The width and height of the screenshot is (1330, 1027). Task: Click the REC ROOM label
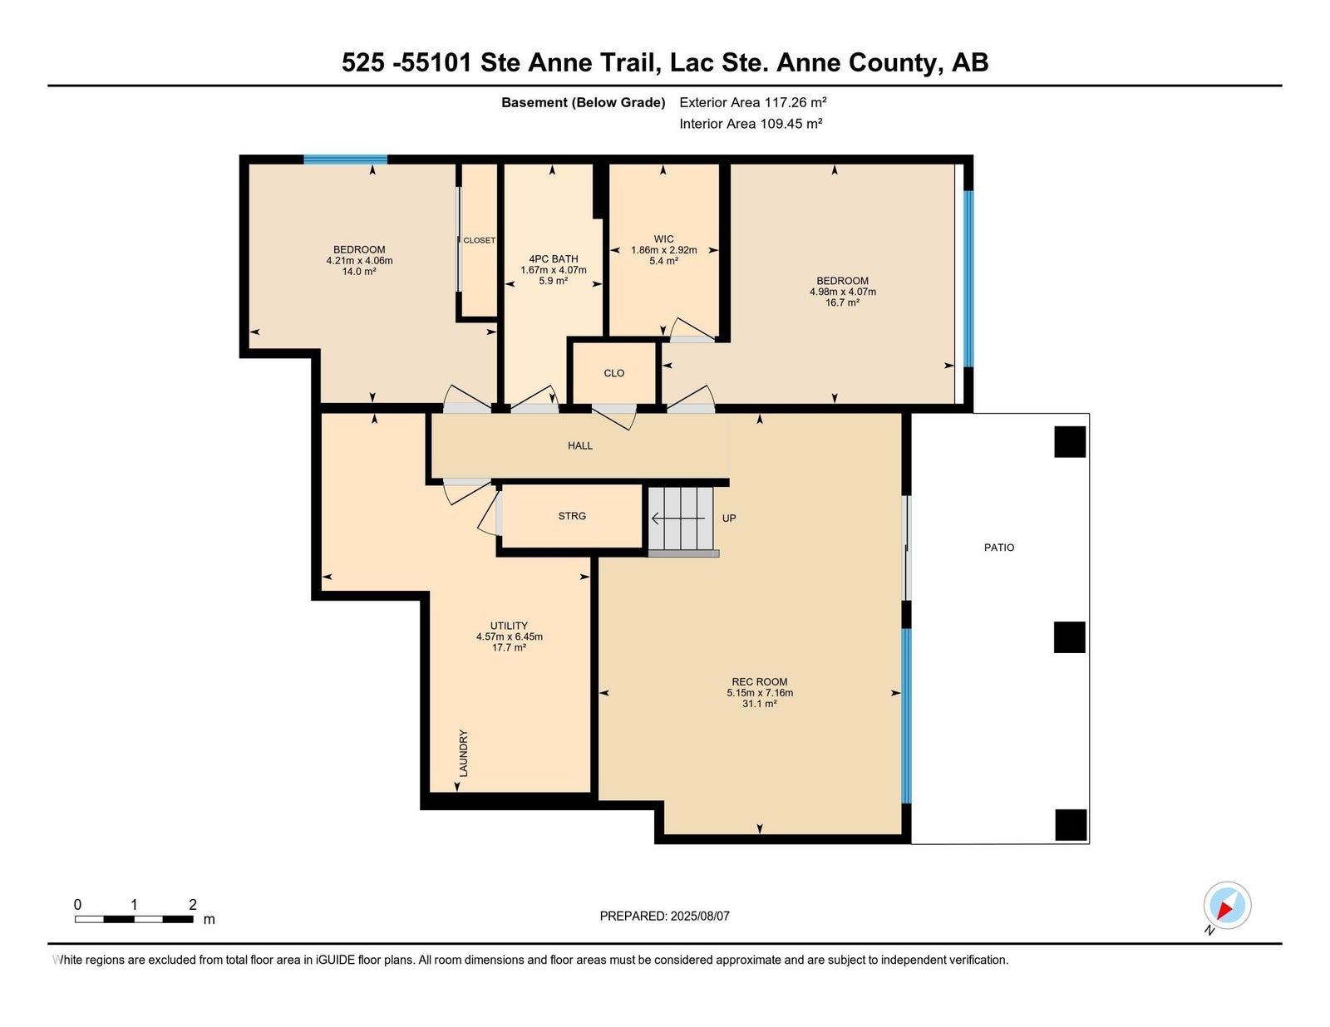point(760,681)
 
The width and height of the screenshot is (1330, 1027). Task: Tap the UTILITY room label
point(509,625)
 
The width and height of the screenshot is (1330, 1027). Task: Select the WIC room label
point(663,239)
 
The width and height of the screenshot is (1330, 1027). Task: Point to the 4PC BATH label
point(554,258)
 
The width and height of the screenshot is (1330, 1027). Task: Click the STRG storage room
point(572,516)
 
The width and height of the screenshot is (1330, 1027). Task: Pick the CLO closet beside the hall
point(614,373)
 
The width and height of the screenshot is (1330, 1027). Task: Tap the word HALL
point(579,446)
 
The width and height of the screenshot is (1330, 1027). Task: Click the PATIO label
point(999,548)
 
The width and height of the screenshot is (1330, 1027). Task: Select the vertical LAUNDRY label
point(463,753)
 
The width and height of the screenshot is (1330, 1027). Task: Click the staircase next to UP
point(682,518)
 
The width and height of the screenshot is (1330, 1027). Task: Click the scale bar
point(134,919)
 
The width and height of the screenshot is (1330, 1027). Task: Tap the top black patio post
point(1070,442)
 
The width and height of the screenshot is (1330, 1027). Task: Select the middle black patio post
point(1069,637)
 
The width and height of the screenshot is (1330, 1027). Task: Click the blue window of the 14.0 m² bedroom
point(346,160)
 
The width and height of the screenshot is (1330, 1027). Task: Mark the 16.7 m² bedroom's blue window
point(968,278)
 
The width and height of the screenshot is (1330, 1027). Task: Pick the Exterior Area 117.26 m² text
point(753,102)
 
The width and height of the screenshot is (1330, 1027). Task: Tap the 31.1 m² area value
point(760,704)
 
